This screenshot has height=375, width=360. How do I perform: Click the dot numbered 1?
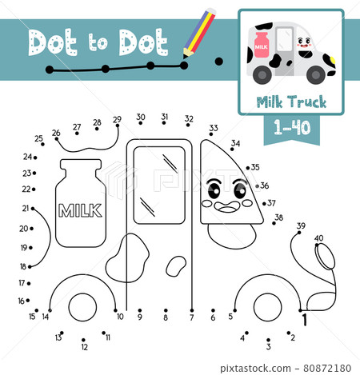click(x=300, y=310)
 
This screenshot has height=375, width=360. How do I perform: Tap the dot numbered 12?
click(x=83, y=340)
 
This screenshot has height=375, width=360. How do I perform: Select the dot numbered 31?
click(x=164, y=123)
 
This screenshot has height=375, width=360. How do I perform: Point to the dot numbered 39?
click(x=299, y=233)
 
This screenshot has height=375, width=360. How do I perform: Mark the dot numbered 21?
click(x=33, y=209)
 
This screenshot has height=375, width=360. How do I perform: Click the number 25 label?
click(x=38, y=138)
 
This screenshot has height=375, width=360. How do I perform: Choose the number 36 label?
click(x=265, y=186)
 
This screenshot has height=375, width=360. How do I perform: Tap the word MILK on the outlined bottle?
click(x=80, y=210)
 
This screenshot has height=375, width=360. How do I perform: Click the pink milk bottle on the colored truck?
click(x=262, y=45)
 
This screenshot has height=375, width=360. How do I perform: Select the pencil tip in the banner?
click(x=185, y=56)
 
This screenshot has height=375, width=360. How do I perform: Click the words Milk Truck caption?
click(x=291, y=102)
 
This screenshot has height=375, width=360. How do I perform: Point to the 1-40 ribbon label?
click(x=292, y=127)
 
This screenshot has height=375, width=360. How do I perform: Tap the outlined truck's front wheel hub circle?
click(x=267, y=307)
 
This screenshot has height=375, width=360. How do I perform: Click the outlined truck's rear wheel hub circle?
click(x=82, y=307)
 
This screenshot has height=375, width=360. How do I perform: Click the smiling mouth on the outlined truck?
click(x=227, y=207)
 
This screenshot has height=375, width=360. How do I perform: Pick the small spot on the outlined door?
click(x=176, y=266)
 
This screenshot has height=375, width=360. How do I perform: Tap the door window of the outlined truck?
click(x=159, y=186)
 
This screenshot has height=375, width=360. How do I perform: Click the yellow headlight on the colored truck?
click(x=333, y=60)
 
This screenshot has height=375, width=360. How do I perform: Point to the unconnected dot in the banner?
click(x=218, y=62)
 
